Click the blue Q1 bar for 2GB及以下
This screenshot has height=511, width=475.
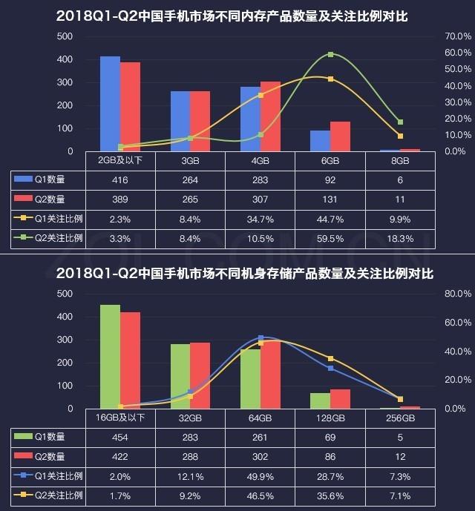110,104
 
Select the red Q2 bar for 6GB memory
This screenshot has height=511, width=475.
340,136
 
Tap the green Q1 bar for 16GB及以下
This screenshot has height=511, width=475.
110,357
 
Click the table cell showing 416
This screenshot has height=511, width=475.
121,179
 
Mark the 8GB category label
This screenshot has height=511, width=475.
400,161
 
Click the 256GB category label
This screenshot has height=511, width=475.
400,418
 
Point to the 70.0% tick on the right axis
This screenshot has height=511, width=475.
453,36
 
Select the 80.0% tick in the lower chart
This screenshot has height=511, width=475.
453,294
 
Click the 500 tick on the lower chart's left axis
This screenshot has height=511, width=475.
65,294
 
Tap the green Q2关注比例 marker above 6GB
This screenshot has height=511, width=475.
330,55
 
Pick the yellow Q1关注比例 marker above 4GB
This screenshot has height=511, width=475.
261,95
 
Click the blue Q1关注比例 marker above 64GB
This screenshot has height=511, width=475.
261,337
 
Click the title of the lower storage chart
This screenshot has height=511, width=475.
237,274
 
